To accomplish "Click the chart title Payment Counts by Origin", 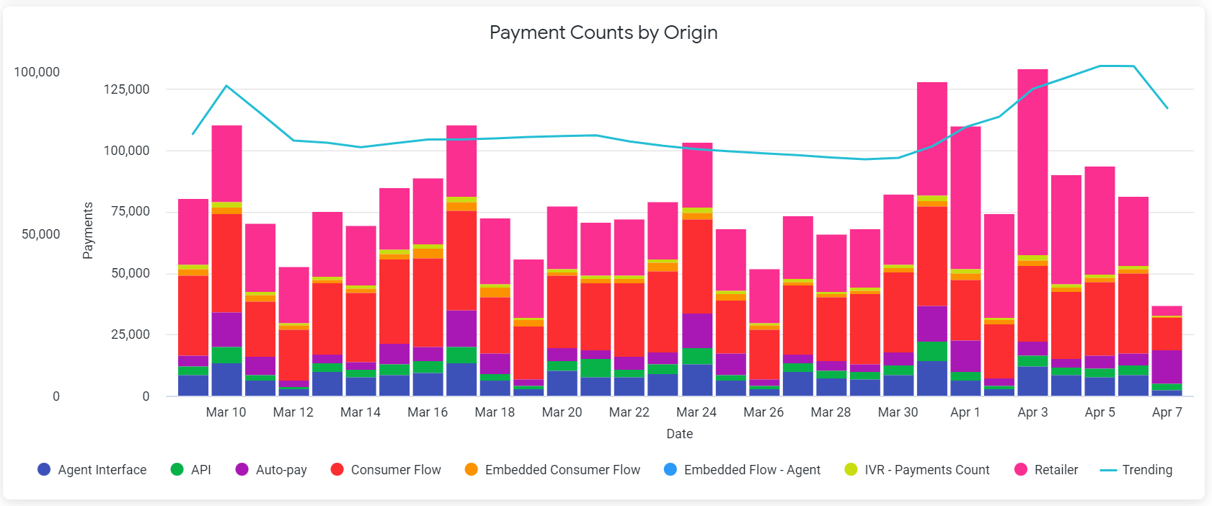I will point(603,33).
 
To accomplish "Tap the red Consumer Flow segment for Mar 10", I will point(226,263).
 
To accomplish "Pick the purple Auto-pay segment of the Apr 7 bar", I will point(1167,367).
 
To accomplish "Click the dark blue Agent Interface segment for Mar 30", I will point(898,386).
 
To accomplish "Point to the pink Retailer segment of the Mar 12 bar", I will point(293,295).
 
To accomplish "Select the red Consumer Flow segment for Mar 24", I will point(697,267).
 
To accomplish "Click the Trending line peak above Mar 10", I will point(226,86).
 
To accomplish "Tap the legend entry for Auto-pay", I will point(272,470).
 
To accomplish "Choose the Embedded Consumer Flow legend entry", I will point(552,470).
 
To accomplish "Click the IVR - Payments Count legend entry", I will point(917,470).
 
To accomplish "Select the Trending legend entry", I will point(1136,470).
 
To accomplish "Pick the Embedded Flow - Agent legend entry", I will point(742,470).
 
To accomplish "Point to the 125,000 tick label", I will point(127,89).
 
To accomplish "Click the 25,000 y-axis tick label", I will point(131,334).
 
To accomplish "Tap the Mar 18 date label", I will point(495,412).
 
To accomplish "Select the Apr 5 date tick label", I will point(1100,412).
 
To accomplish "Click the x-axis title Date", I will point(679,434).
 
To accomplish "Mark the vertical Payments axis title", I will point(88,230).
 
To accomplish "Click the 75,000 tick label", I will point(131,211).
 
